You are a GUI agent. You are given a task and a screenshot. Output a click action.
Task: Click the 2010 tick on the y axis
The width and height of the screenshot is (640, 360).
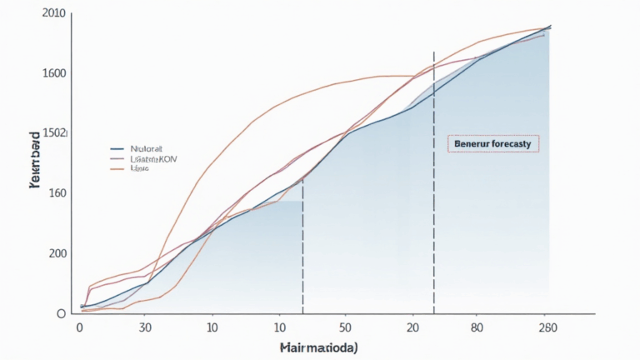point(54,13)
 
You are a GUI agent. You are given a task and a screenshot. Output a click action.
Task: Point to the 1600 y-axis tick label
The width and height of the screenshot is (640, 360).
point(54,73)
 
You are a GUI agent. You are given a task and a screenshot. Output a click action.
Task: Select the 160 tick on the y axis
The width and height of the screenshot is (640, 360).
point(56,193)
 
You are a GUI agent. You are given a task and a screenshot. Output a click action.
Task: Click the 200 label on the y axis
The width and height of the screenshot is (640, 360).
point(56,253)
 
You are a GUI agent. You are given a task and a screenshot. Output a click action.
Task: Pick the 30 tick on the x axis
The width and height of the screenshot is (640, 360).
point(146,328)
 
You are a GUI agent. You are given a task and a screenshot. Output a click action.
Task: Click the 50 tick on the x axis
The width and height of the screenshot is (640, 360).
point(346,328)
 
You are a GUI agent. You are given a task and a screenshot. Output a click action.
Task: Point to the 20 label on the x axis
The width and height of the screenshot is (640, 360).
point(412,328)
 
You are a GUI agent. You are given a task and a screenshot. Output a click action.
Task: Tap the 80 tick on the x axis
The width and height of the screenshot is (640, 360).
point(477,328)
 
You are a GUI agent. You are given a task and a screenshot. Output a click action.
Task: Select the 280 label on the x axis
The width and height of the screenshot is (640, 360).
point(547,328)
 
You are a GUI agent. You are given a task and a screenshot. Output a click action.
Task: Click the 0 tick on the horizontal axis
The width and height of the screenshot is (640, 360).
point(79,328)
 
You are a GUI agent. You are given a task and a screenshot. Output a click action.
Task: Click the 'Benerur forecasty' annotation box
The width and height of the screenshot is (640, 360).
point(493,143)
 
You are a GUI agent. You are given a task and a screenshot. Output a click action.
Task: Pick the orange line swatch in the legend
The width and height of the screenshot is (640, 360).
point(117,168)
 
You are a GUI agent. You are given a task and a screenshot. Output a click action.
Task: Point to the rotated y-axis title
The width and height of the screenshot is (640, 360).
point(34,160)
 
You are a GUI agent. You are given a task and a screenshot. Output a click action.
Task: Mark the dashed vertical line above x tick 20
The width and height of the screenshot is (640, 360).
point(433,183)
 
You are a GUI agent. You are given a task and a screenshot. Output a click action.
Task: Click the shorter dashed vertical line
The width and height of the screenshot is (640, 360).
point(302,250)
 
